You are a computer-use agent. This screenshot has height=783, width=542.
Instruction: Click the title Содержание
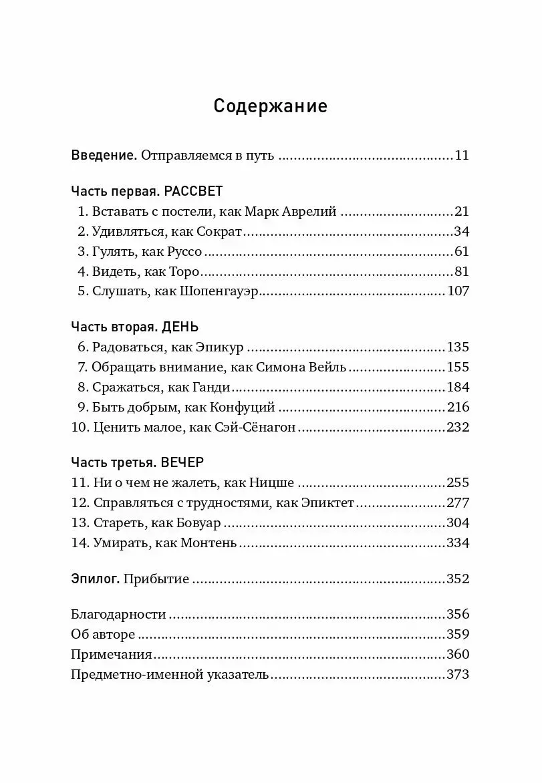point(271,106)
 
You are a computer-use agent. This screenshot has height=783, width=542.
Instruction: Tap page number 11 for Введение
point(462,156)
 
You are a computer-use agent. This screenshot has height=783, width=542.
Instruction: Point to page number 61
point(462,252)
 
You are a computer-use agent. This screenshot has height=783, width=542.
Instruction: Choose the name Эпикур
point(221,347)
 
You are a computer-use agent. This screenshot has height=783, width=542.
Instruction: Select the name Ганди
point(211,387)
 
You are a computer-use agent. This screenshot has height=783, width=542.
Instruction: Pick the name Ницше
point(273,483)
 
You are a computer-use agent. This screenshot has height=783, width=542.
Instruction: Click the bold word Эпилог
point(95,579)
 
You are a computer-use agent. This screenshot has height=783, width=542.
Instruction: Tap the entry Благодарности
point(118,615)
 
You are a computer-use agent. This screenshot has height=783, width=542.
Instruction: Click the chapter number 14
point(79,543)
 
